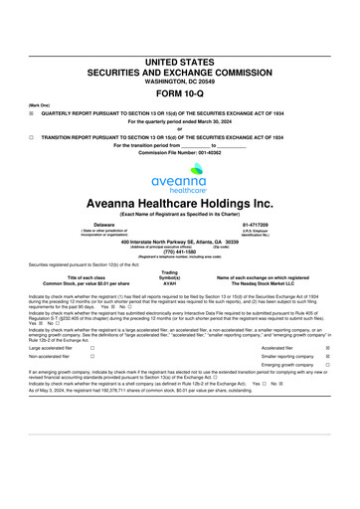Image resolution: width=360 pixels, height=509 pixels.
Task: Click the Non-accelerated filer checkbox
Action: click(92, 357)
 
